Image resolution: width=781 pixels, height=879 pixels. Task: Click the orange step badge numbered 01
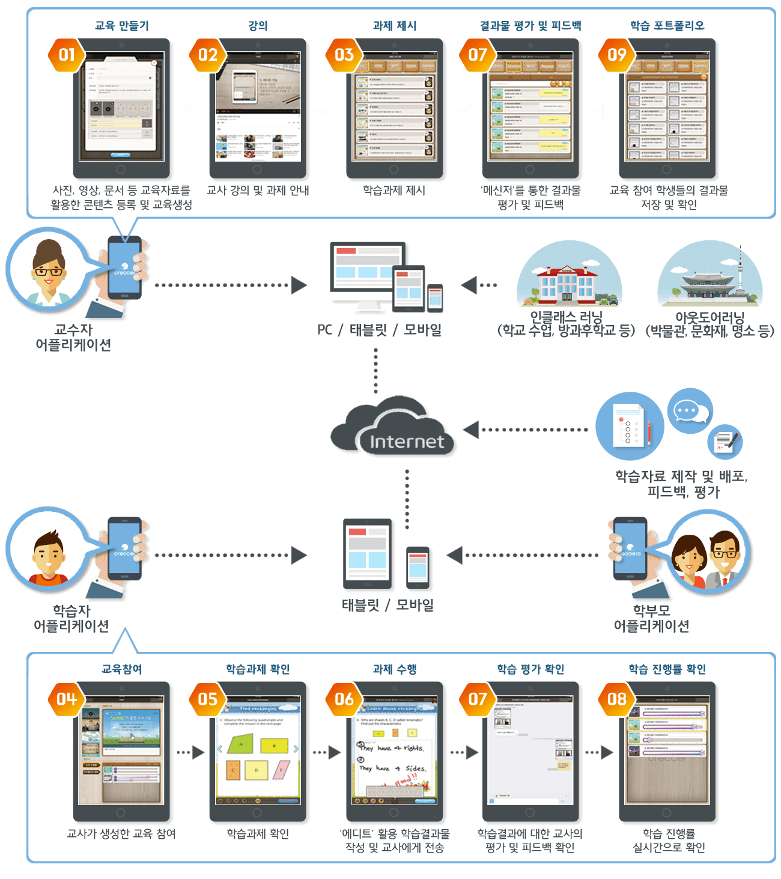66,55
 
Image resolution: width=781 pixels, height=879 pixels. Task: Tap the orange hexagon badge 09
616,55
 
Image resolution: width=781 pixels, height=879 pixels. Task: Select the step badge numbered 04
66,699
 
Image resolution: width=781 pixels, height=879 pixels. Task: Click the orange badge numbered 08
616,699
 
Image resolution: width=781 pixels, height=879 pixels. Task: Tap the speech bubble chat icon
689,412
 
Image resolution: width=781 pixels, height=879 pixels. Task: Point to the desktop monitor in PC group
366,273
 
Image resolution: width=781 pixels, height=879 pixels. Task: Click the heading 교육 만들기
121,26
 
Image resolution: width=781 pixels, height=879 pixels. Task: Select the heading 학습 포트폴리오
667,26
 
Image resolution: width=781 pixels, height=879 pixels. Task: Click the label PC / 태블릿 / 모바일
379,330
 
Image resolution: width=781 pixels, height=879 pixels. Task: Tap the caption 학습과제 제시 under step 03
394,190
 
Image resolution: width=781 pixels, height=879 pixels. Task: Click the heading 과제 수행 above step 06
394,669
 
